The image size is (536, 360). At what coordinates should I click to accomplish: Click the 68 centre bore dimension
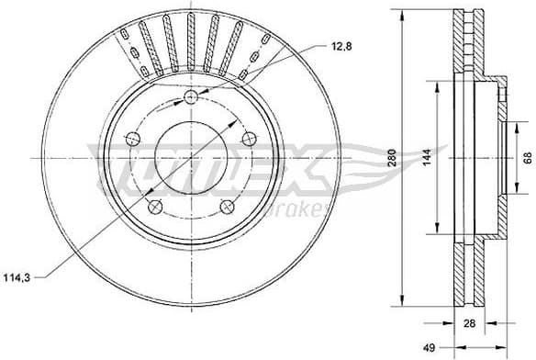527,159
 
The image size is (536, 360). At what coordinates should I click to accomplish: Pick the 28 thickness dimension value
470,323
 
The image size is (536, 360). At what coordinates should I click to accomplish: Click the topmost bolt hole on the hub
191,98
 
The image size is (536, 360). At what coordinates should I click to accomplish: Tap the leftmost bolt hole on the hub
132,140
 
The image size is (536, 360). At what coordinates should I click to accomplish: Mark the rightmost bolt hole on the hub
249,140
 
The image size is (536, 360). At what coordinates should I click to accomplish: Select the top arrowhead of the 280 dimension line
404,15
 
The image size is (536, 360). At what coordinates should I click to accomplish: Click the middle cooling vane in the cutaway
191,41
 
